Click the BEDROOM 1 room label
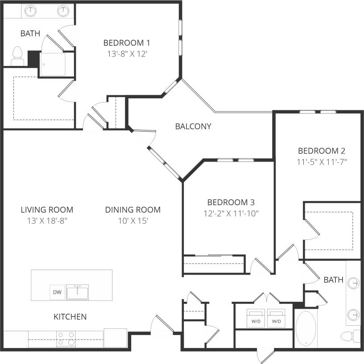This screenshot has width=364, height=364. (126, 43)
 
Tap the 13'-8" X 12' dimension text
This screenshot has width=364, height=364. (126, 54)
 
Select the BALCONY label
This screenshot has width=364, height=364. (193, 126)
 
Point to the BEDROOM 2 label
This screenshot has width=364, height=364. (322, 151)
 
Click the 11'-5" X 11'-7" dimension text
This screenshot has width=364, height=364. (322, 162)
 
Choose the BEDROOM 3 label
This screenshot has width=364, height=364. (231, 202)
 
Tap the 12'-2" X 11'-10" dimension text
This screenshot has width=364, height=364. (231, 213)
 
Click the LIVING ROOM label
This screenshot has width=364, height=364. (47, 210)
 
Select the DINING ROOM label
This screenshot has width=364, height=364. (133, 210)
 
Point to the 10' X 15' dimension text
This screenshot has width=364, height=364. (133, 221)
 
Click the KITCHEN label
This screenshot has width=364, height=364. (70, 317)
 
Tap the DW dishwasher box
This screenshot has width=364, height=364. (57, 292)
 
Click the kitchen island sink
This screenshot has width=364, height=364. (77, 292)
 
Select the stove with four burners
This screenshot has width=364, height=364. (66, 339)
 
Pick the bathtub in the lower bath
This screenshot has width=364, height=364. (305, 329)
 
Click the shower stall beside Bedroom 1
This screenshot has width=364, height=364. (53, 64)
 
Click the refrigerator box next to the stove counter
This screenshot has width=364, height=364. (116, 338)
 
